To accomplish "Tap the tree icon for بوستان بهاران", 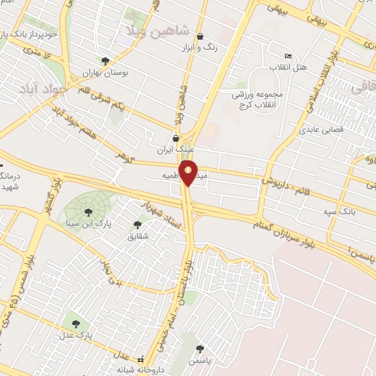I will (105, 61).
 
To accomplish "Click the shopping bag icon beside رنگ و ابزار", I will (200, 37).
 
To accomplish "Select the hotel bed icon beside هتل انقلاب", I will (288, 57).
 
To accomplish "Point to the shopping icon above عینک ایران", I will (175, 137).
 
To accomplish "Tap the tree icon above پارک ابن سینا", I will (88, 212).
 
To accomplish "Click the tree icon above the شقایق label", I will (137, 225).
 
